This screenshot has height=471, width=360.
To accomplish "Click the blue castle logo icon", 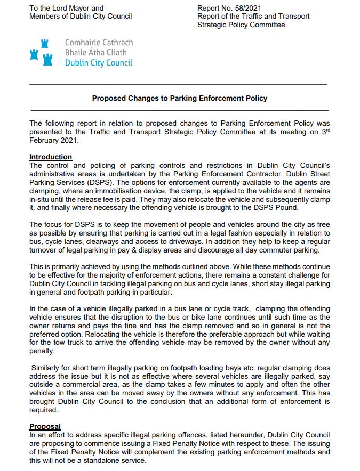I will click(42, 52).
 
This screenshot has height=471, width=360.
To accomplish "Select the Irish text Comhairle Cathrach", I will click(99, 43).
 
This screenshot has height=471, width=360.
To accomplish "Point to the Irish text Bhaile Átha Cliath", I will click(96, 52).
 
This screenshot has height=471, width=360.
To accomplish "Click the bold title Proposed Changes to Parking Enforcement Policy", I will click(179, 98).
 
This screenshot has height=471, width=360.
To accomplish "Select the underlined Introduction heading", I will click(51, 157).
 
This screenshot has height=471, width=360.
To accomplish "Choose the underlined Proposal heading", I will click(45, 426).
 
